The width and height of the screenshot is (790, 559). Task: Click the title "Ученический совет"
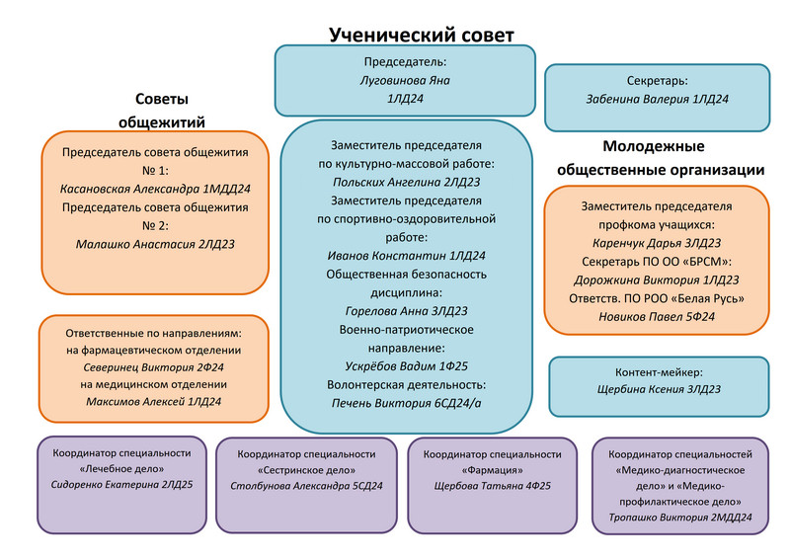tap(422, 35)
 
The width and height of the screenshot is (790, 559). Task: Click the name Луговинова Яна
tap(406, 81)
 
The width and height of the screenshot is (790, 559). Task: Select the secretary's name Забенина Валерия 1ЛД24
tap(657, 99)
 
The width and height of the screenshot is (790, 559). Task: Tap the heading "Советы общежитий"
tap(162, 111)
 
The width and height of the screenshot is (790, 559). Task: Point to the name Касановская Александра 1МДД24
tap(155, 189)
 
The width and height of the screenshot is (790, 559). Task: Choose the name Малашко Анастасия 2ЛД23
tap(155, 244)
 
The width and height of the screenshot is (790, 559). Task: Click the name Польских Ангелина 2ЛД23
tap(406, 182)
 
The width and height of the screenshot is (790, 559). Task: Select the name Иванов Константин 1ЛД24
tap(406, 256)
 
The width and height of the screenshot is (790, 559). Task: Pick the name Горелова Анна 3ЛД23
tap(406, 311)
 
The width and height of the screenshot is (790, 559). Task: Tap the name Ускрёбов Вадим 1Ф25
tap(406, 366)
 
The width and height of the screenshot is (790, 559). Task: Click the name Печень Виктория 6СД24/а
tap(406, 403)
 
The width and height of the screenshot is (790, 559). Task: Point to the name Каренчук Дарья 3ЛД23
tap(657, 243)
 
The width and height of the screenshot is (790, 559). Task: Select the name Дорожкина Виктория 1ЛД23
tap(657, 279)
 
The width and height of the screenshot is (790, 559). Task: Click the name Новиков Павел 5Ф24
tap(657, 317)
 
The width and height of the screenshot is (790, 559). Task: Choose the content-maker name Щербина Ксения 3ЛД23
tap(657, 390)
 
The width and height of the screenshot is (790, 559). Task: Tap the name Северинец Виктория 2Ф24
tap(153, 365)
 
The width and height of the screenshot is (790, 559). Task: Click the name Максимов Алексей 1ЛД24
tap(153, 402)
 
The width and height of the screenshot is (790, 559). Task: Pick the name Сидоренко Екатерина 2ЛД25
tap(122, 486)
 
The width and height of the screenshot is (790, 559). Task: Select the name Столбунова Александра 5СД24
tap(306, 486)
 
